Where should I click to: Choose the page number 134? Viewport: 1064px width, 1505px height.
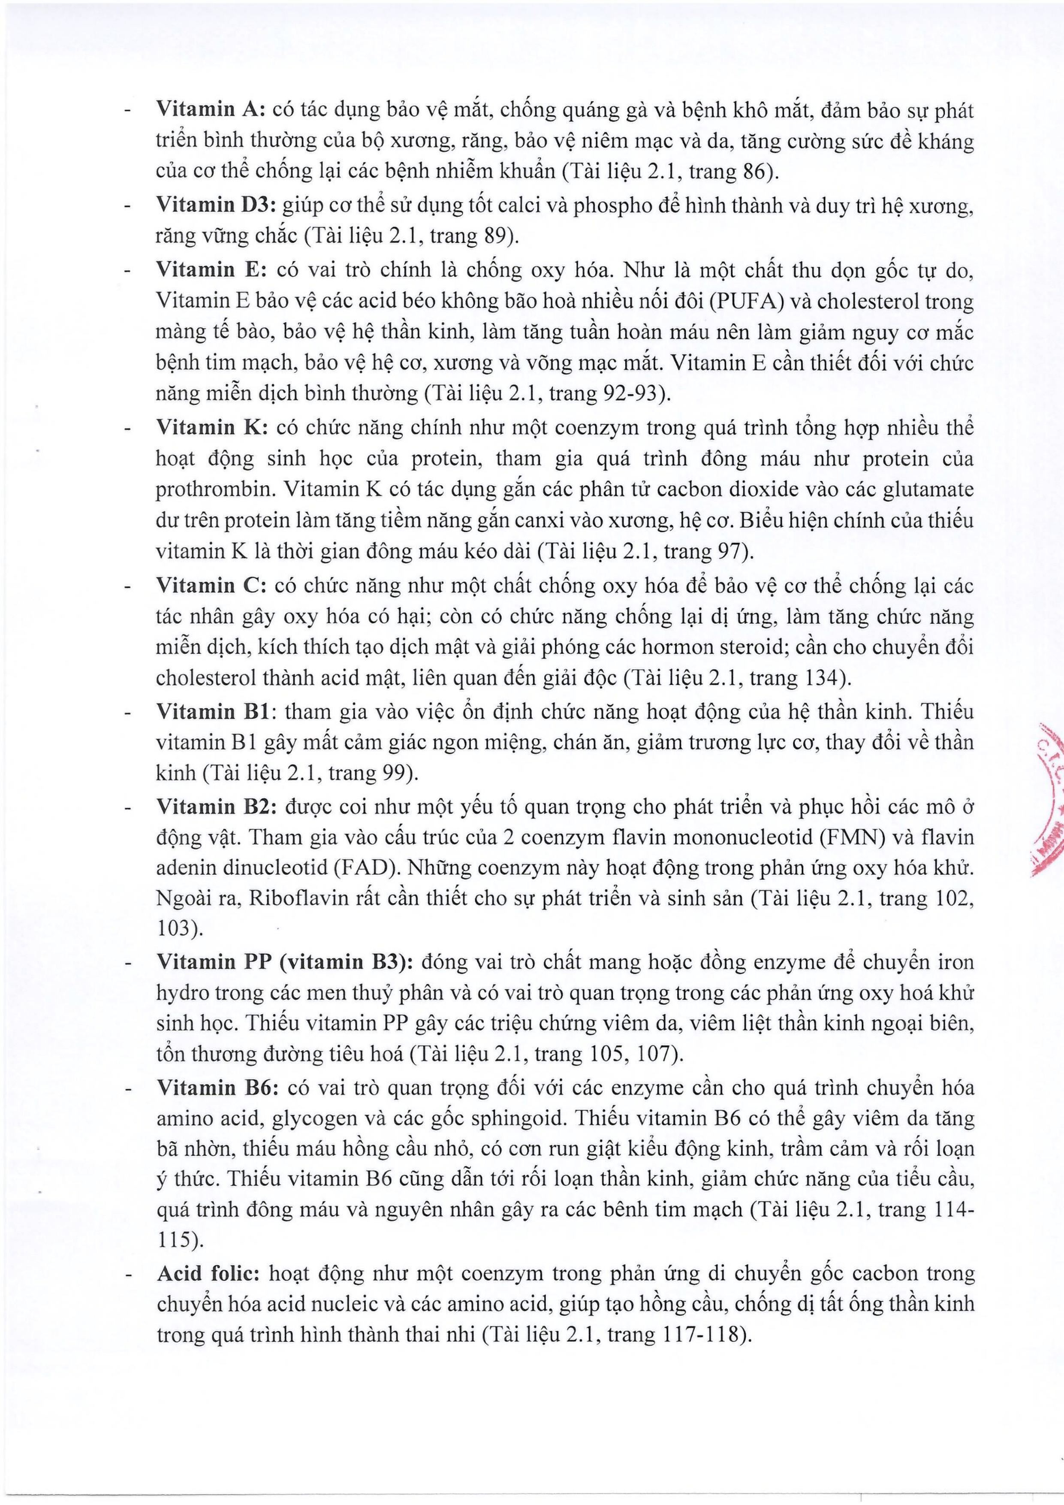[x=821, y=677]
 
